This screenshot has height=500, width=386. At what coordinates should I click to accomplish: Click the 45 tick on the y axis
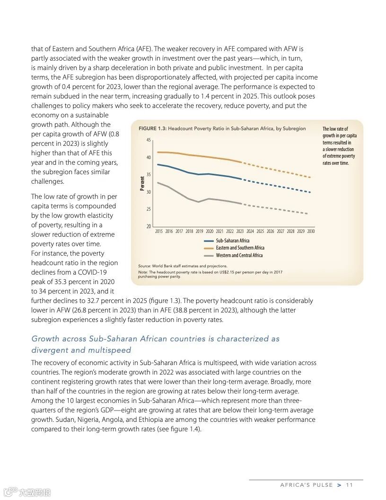(x=149, y=140)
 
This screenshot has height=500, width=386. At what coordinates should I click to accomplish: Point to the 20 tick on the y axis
(x=149, y=226)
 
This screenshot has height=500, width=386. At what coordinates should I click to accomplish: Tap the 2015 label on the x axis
(x=158, y=232)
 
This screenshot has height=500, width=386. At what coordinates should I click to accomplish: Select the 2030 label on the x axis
(x=311, y=232)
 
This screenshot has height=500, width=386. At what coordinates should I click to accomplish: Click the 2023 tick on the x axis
(x=240, y=232)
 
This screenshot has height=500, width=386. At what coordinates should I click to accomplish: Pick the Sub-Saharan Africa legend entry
(x=232, y=241)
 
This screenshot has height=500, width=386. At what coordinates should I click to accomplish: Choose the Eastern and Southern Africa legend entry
(x=240, y=248)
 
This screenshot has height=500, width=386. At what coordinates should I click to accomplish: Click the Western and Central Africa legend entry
(x=239, y=255)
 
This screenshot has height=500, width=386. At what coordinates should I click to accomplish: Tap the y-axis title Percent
(x=142, y=183)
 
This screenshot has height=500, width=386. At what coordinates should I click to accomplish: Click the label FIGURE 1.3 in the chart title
(x=152, y=129)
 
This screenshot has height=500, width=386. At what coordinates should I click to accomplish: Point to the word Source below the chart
(x=144, y=266)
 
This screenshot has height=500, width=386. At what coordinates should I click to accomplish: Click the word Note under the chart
(x=142, y=272)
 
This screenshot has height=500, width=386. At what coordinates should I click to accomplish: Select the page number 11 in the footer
(x=350, y=485)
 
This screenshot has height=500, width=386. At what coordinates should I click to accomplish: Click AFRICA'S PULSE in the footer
(x=307, y=485)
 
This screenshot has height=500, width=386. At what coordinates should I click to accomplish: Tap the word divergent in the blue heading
(x=49, y=350)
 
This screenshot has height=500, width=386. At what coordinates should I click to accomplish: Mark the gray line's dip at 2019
(x=199, y=202)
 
